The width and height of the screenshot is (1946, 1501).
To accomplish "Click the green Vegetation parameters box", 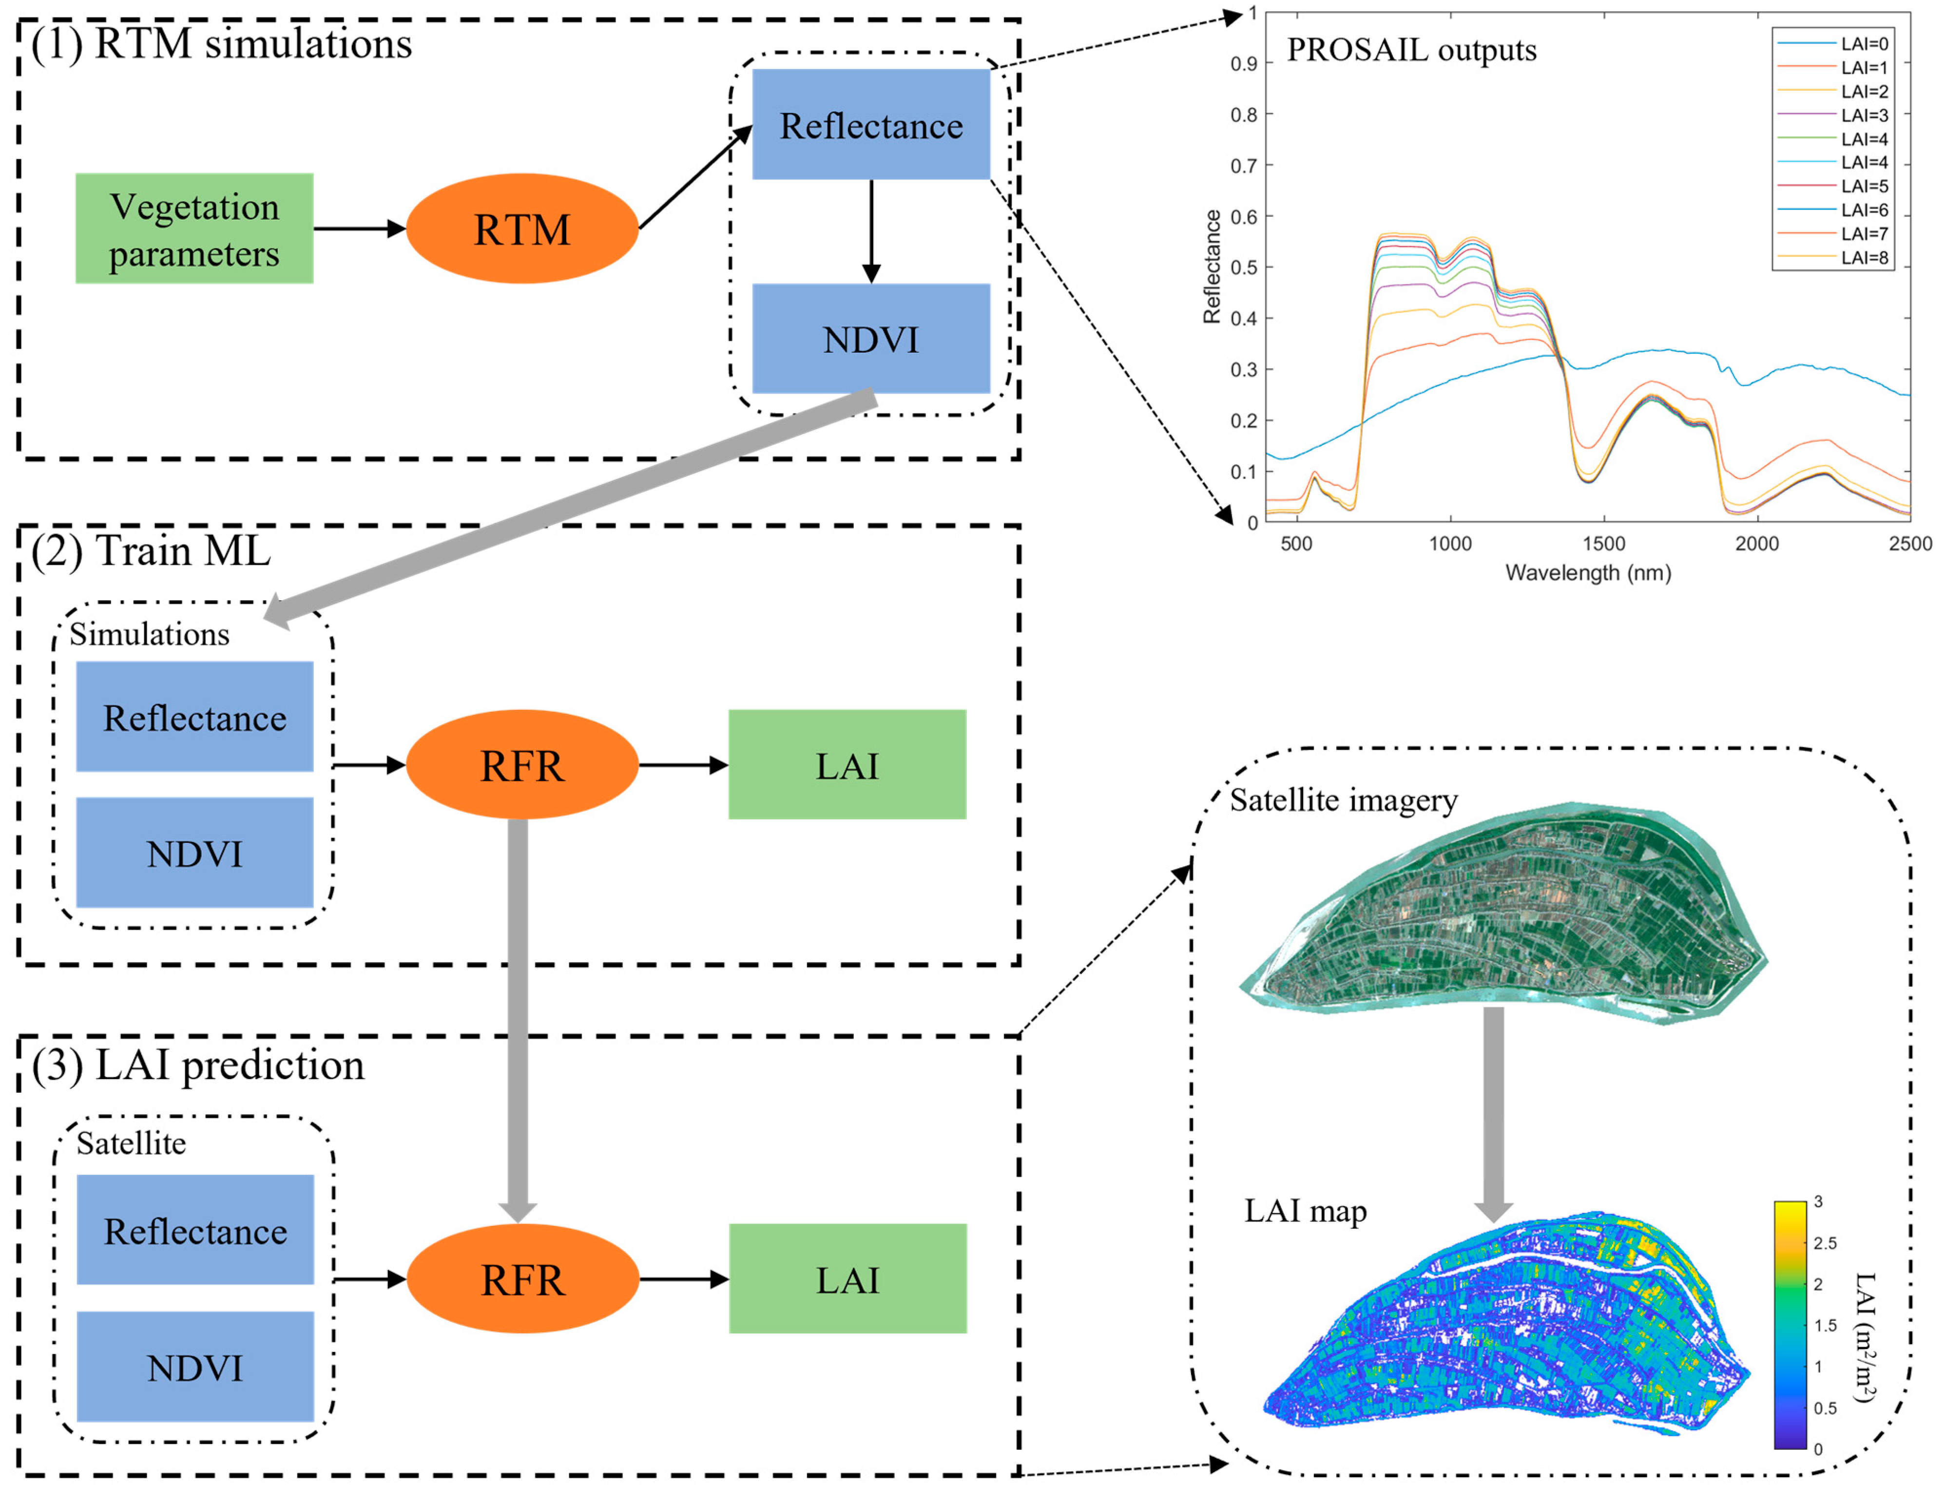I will [x=194, y=229].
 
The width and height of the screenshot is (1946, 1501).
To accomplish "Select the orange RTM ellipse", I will [x=522, y=229].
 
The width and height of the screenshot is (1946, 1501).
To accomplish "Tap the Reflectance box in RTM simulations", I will [x=870, y=125].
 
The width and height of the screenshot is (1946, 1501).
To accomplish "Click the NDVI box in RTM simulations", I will [x=870, y=339].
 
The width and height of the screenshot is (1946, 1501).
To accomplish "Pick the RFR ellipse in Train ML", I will [x=522, y=764].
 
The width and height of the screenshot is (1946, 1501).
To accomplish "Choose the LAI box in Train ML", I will [x=847, y=764].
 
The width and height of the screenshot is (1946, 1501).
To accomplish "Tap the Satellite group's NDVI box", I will [x=195, y=1367].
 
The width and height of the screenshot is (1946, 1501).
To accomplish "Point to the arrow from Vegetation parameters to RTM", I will [x=359, y=229].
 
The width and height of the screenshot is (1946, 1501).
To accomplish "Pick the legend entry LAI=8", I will [x=1864, y=257].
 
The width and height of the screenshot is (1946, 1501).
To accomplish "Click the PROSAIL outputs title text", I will [x=1411, y=50].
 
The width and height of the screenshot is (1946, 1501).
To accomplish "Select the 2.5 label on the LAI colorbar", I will [x=1825, y=1243].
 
